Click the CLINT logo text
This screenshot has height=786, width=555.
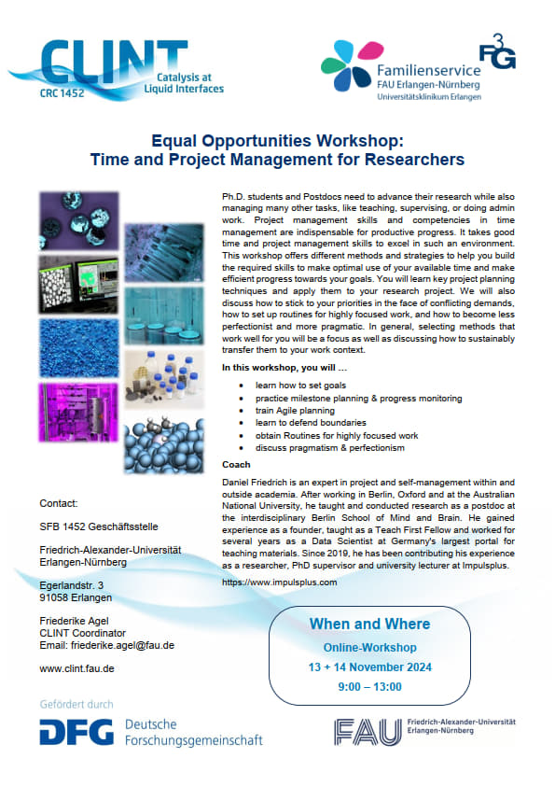coord(114,62)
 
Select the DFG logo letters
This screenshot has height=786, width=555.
coord(76,732)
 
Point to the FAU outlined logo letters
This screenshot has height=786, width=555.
coord(368,732)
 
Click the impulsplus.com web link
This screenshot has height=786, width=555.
coord(280,582)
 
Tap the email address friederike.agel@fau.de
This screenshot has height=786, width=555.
coord(123,645)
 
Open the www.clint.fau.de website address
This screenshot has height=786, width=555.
coord(76,668)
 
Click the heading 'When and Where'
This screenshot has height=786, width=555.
coord(369,625)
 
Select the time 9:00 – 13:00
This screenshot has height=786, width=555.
coord(369,687)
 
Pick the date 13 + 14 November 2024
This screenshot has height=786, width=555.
coord(369,667)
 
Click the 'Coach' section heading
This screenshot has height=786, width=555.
coord(236,465)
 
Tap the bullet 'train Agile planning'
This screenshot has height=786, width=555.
coord(295,411)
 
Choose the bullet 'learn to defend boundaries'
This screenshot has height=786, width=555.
coord(311,423)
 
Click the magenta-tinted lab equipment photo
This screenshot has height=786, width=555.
coord(78,413)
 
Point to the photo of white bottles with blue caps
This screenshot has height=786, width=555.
coord(164,380)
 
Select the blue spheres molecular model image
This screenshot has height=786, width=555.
coord(164,445)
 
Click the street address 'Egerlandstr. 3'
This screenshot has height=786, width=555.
coord(72,585)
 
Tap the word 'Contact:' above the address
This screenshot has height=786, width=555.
coord(59,503)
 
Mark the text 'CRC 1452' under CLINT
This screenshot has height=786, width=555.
coord(62,93)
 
